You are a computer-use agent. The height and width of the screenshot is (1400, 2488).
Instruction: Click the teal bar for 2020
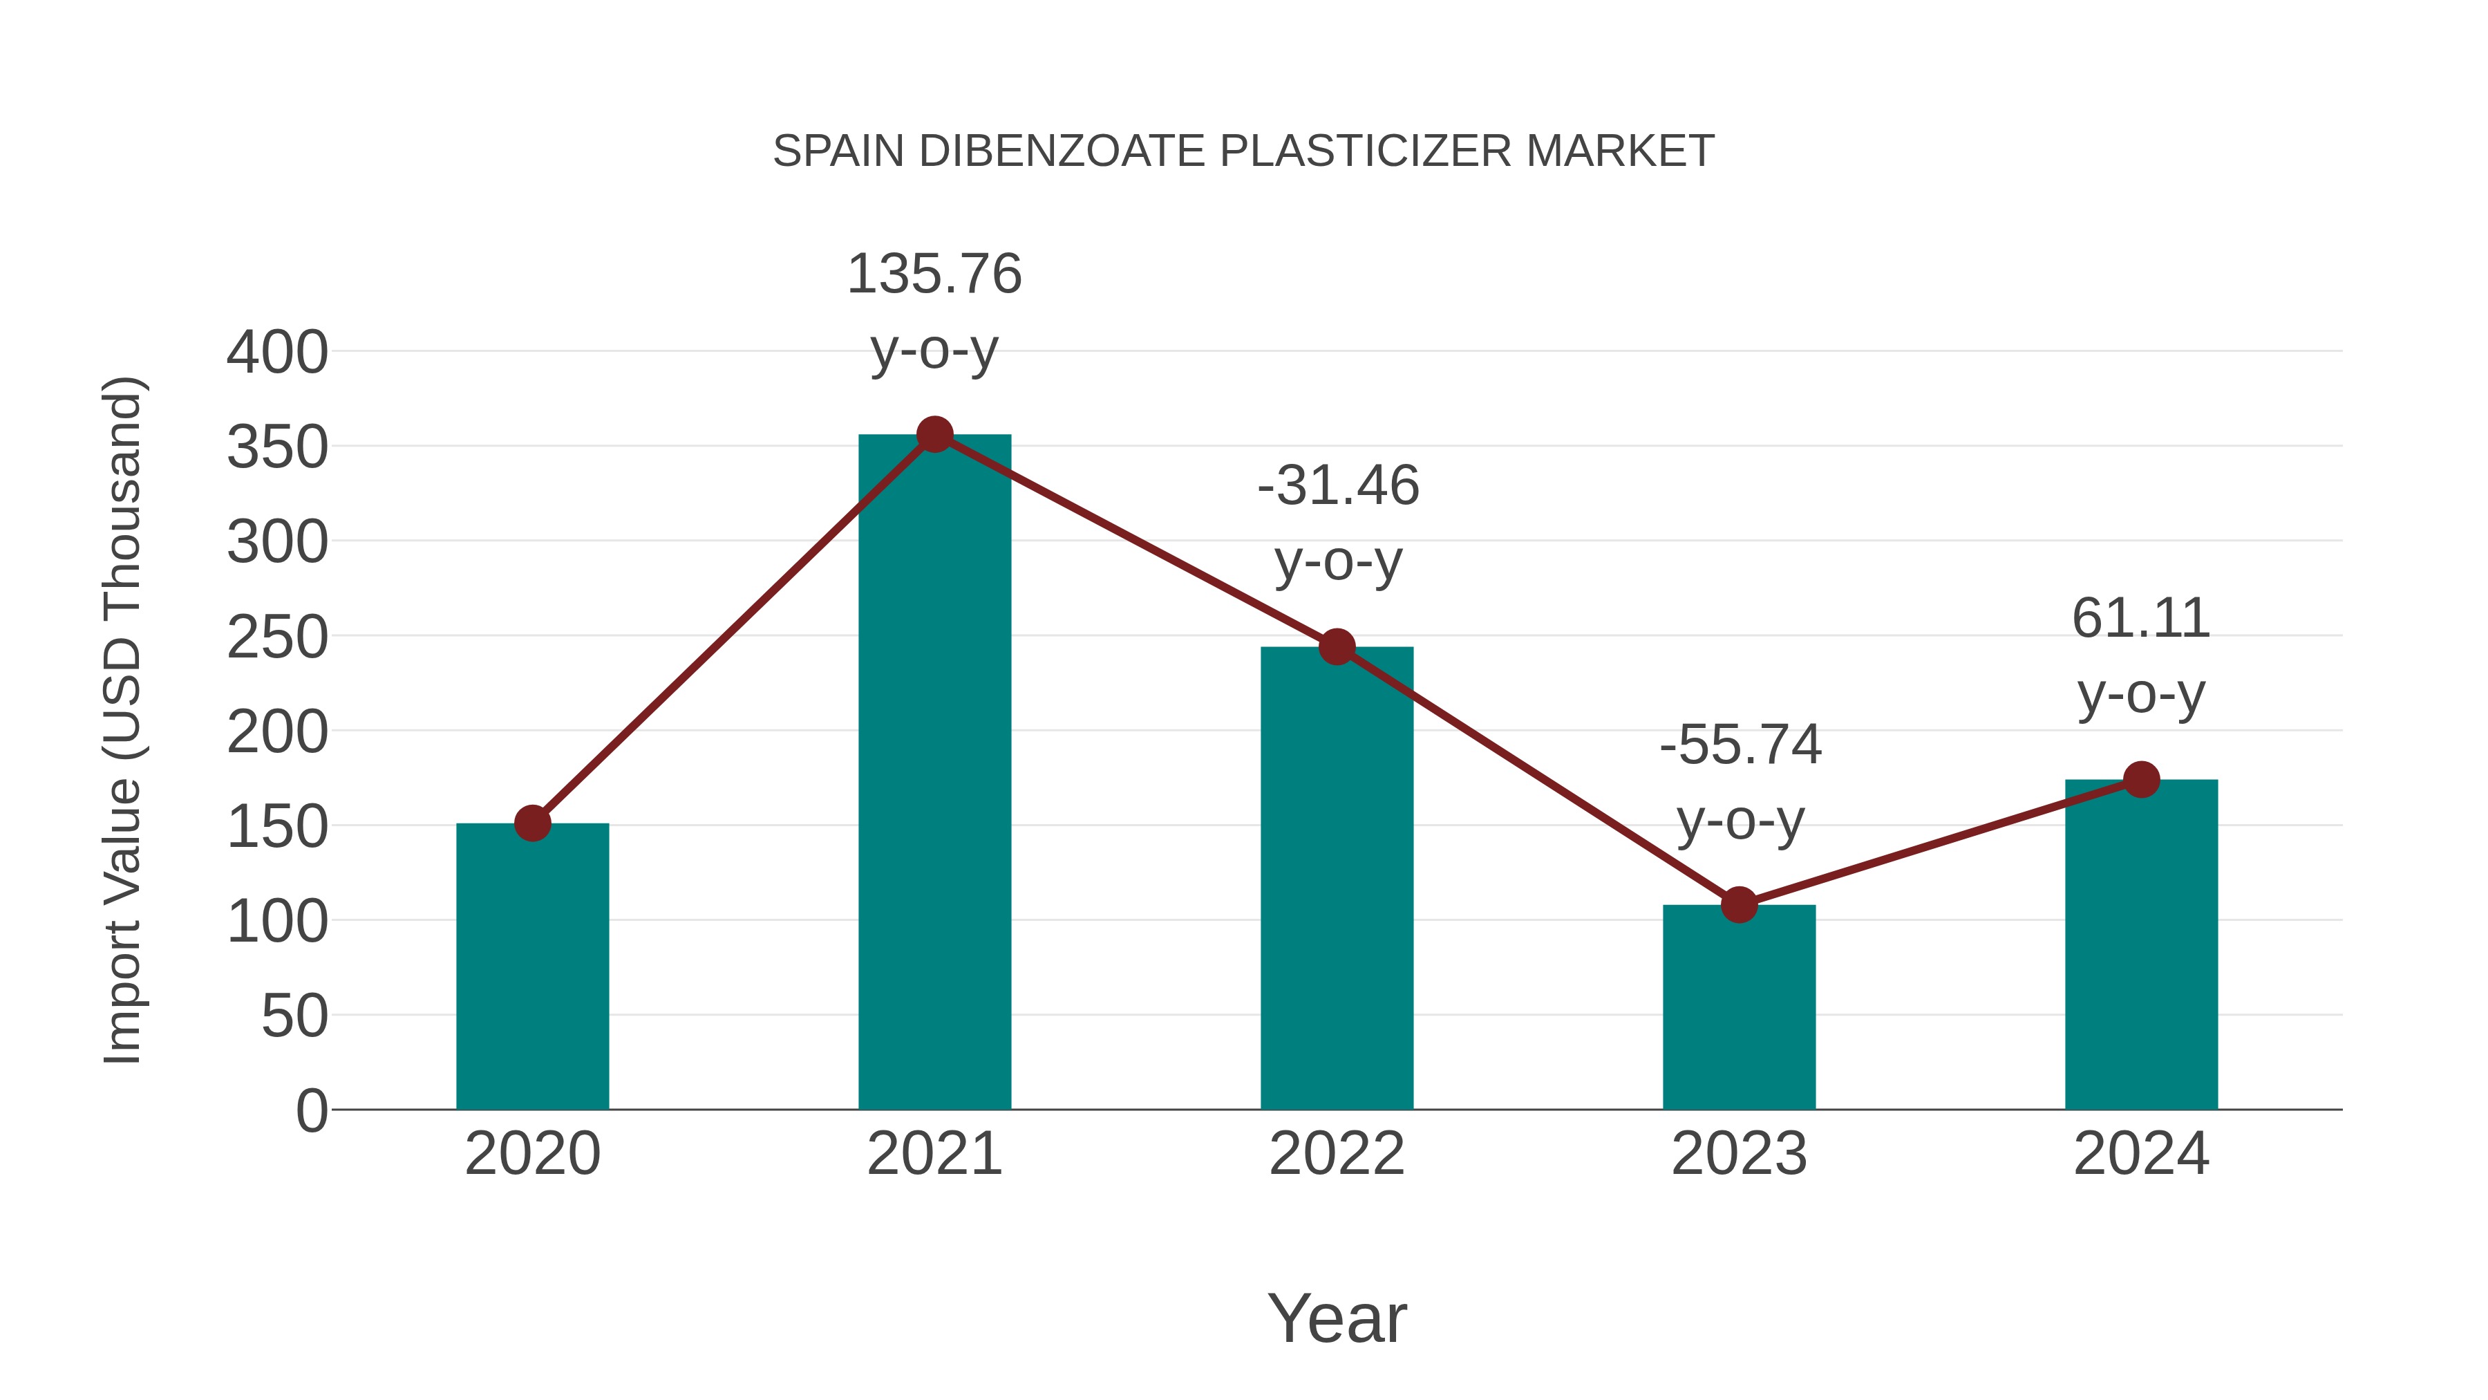tap(532, 967)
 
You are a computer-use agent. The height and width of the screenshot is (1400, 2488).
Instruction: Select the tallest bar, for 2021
tap(934, 773)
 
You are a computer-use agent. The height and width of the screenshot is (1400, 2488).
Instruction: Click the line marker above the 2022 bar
tap(1337, 646)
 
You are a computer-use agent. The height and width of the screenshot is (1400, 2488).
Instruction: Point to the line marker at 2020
tap(532, 823)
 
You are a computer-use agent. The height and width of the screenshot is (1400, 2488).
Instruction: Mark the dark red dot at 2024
tap(2141, 778)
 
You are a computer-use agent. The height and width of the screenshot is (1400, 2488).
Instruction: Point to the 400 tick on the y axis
tap(277, 352)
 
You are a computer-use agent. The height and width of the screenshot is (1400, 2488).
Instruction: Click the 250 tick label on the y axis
tap(277, 637)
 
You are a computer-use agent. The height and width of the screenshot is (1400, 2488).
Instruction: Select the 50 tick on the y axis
tap(294, 1016)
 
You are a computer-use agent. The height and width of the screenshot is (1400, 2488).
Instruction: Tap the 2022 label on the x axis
tap(1337, 1154)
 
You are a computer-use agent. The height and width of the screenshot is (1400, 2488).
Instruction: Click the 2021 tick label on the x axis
tap(934, 1154)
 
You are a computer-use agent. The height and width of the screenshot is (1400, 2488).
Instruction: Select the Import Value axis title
tap(124, 720)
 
